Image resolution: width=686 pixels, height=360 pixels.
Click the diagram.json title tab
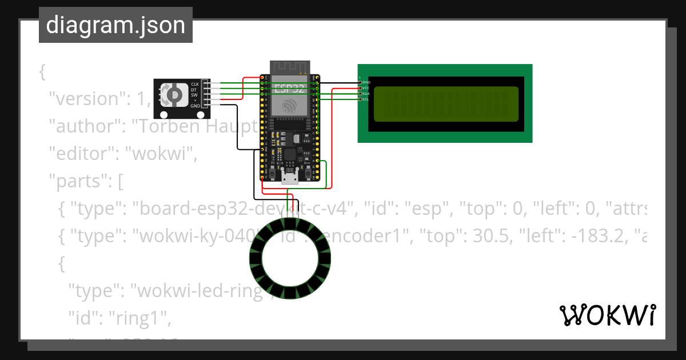[115, 26]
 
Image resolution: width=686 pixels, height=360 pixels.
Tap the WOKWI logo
[607, 315]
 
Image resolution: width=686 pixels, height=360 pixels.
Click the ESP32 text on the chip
[290, 89]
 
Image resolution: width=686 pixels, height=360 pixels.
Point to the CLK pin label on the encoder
[195, 84]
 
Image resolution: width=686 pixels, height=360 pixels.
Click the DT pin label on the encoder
[195, 90]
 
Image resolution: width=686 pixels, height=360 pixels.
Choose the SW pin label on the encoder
[195, 95]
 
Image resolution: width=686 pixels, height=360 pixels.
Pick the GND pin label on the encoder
[195, 106]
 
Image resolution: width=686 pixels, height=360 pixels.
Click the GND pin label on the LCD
[366, 82]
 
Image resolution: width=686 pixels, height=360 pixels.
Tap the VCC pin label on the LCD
[366, 88]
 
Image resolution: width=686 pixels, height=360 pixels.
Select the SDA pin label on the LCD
[366, 94]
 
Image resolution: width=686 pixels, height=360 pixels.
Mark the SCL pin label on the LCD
[366, 99]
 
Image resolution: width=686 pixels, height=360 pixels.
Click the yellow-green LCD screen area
[446, 104]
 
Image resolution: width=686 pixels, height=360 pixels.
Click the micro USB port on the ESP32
[290, 179]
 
